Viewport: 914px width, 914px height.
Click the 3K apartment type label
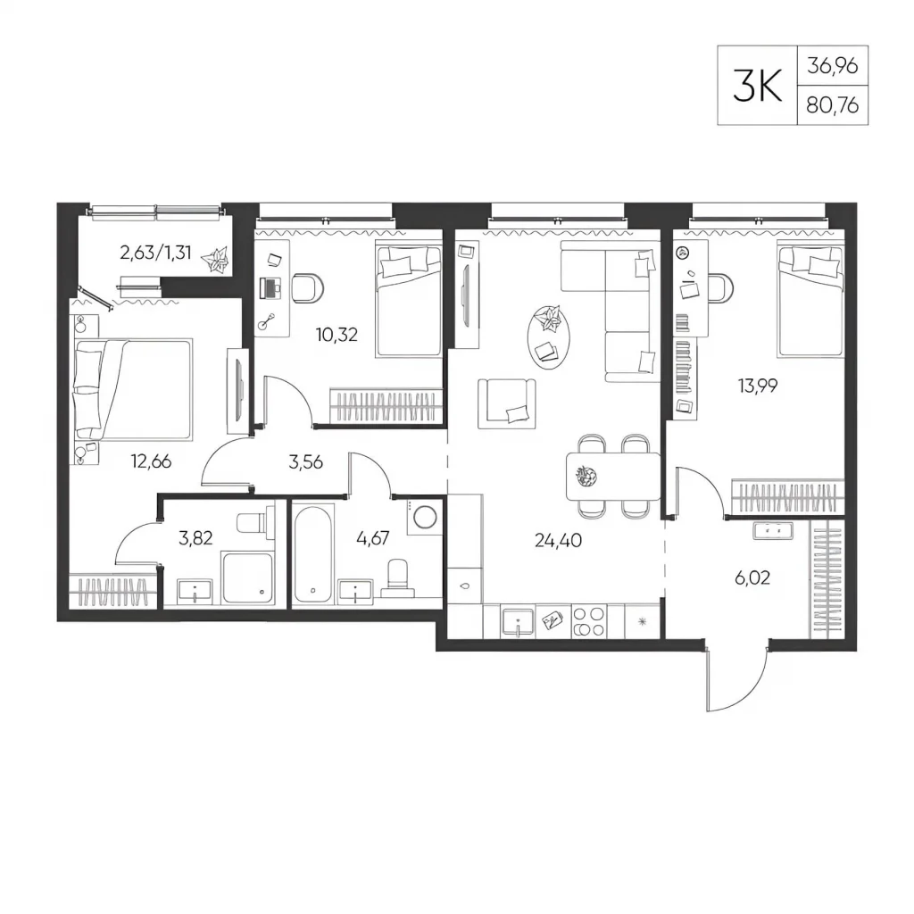(x=757, y=85)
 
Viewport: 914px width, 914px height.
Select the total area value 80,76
(x=833, y=105)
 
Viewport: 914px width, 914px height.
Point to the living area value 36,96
(x=833, y=65)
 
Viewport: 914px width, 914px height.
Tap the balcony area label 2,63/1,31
(x=155, y=253)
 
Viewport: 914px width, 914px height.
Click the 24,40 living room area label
(x=558, y=540)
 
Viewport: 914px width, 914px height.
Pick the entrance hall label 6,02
(x=752, y=577)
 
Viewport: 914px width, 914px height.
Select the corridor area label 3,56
(x=305, y=462)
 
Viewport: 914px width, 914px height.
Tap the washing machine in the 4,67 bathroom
(x=426, y=516)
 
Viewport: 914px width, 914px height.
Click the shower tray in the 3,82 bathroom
(x=246, y=577)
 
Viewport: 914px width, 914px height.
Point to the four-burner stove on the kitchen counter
(x=589, y=621)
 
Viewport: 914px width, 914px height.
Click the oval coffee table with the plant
(x=548, y=337)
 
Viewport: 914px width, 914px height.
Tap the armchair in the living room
(x=507, y=403)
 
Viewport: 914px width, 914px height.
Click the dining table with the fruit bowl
(x=614, y=477)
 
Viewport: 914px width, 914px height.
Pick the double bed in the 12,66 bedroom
(x=134, y=389)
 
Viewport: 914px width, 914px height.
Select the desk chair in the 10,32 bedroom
(x=307, y=288)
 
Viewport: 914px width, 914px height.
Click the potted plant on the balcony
(x=217, y=259)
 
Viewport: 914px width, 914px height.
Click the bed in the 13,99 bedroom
(x=810, y=301)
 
